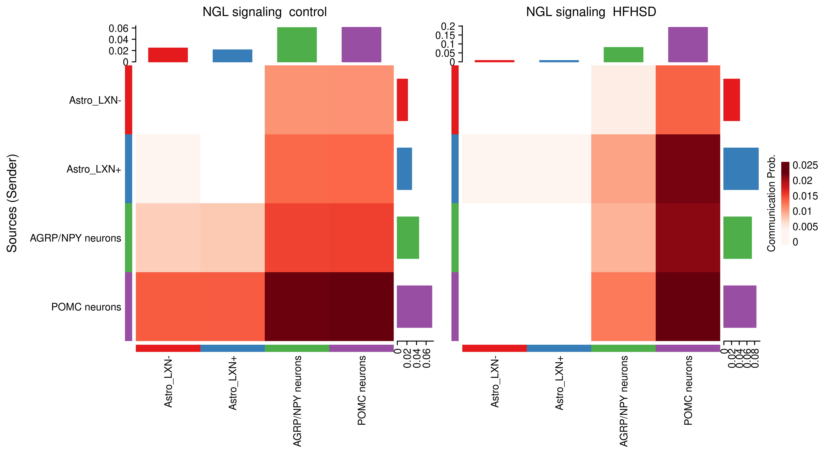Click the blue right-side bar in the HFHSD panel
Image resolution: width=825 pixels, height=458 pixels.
coord(741,169)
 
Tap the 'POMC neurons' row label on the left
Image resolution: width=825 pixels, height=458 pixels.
coord(86,307)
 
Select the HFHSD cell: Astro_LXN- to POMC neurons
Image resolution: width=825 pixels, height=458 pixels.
coord(688,100)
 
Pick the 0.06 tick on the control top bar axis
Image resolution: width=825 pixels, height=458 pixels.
coord(119,29)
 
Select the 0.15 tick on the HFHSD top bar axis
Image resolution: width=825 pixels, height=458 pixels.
coord(445,35)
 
